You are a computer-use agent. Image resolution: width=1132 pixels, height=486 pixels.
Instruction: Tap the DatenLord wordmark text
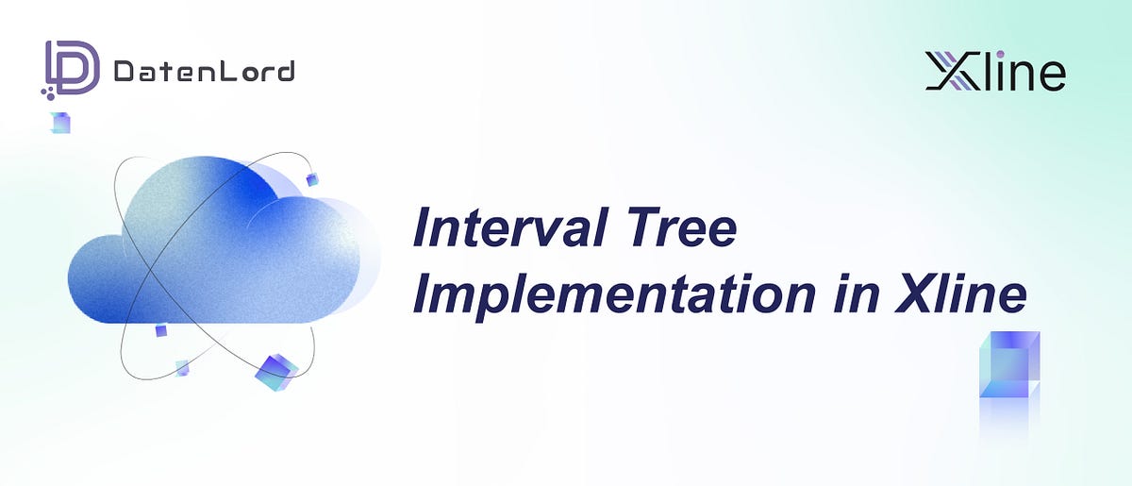[x=203, y=71]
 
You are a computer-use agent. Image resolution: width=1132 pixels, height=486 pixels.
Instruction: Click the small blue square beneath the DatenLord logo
[x=61, y=123]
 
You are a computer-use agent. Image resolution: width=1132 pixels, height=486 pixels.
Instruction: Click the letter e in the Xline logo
[x=1049, y=75]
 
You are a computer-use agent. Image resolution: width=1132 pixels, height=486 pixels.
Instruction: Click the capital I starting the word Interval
[x=424, y=228]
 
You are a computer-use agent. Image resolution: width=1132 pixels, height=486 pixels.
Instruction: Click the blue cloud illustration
[x=217, y=250]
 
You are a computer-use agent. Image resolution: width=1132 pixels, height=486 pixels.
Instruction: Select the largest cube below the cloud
[x=275, y=372]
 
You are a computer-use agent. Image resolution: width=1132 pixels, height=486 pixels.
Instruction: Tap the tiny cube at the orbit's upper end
[x=312, y=179]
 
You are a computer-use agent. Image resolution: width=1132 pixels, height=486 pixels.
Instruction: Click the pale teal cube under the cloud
[x=181, y=367]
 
